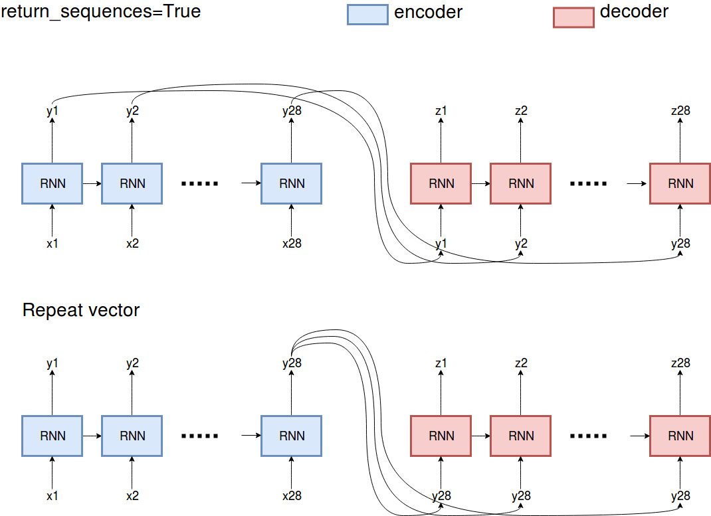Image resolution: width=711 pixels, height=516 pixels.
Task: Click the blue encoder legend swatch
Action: (x=367, y=15)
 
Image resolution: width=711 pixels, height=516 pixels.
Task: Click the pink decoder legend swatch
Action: (x=573, y=17)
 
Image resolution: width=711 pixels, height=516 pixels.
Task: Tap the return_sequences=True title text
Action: (x=100, y=11)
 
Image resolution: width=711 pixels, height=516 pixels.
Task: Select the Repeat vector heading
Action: (x=81, y=310)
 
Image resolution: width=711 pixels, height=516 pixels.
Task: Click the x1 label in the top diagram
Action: (x=52, y=244)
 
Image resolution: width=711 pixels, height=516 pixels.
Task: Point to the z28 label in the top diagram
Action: (x=680, y=111)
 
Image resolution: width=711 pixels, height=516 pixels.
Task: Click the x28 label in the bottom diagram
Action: (x=291, y=496)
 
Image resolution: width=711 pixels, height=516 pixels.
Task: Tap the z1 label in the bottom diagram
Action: (x=441, y=363)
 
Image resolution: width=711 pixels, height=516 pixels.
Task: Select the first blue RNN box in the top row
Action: (x=52, y=183)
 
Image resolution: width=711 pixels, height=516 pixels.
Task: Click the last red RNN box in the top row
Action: (x=680, y=183)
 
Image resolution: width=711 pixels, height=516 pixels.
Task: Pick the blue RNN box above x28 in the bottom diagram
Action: (x=291, y=436)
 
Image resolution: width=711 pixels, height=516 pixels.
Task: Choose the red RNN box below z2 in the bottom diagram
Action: (x=520, y=436)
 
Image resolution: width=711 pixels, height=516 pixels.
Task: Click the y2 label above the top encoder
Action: (x=132, y=111)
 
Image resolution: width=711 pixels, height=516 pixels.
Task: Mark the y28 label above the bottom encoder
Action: (x=291, y=363)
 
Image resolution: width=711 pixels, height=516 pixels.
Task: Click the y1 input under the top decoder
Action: (x=441, y=244)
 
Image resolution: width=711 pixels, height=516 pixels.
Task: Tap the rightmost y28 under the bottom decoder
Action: (x=680, y=496)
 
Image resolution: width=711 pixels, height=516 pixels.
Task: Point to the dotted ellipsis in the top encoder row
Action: (x=200, y=184)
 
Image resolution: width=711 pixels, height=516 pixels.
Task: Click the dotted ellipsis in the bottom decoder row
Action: (x=589, y=436)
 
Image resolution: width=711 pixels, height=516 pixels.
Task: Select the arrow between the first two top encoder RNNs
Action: (x=92, y=183)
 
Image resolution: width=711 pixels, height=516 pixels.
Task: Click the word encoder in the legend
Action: (x=429, y=12)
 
